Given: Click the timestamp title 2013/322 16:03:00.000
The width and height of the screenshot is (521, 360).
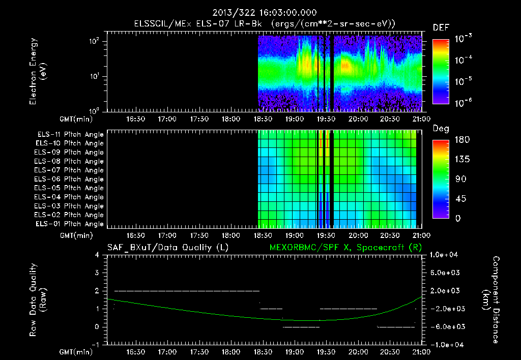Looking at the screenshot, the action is coord(265,13).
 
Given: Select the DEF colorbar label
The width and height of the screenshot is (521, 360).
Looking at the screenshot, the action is coord(441,27).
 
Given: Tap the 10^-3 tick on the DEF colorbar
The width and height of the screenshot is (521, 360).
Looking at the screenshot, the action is coord(463,39).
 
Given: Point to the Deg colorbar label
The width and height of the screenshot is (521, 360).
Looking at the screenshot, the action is coord(441,129).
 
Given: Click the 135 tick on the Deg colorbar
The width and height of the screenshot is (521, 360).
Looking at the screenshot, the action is coord(462,159).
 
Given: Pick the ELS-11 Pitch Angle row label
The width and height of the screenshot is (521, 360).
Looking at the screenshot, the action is coord(70,135).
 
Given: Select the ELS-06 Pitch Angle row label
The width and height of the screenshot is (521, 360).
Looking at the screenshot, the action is coord(69,179).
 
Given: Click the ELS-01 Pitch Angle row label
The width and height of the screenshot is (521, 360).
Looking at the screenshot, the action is coord(69,224).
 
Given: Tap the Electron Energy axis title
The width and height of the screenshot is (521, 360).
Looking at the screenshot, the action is coord(38,71).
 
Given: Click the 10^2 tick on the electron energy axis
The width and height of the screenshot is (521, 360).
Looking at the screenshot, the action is coord(94,41).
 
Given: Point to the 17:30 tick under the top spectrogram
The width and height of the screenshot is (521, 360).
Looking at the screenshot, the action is coord(199,119).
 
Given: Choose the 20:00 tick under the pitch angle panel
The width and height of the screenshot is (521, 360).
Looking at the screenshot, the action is coord(358,235).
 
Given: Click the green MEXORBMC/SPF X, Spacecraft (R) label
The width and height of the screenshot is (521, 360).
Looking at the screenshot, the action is coord(345,248).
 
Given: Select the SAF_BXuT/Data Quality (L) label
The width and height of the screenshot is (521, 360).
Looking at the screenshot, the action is coord(168,248).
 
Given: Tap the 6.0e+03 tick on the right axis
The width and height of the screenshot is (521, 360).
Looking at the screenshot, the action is coord(445,273).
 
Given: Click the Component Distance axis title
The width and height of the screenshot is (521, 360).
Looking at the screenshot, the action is coord(491,300).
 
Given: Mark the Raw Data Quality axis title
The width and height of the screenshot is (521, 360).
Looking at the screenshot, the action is coord(38,300).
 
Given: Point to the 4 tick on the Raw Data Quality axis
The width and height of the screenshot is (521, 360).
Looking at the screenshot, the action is coord(97,255).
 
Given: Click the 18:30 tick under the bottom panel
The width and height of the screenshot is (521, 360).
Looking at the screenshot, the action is coord(263,352).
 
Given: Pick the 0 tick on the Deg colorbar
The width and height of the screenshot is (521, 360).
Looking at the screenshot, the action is coord(458,218).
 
